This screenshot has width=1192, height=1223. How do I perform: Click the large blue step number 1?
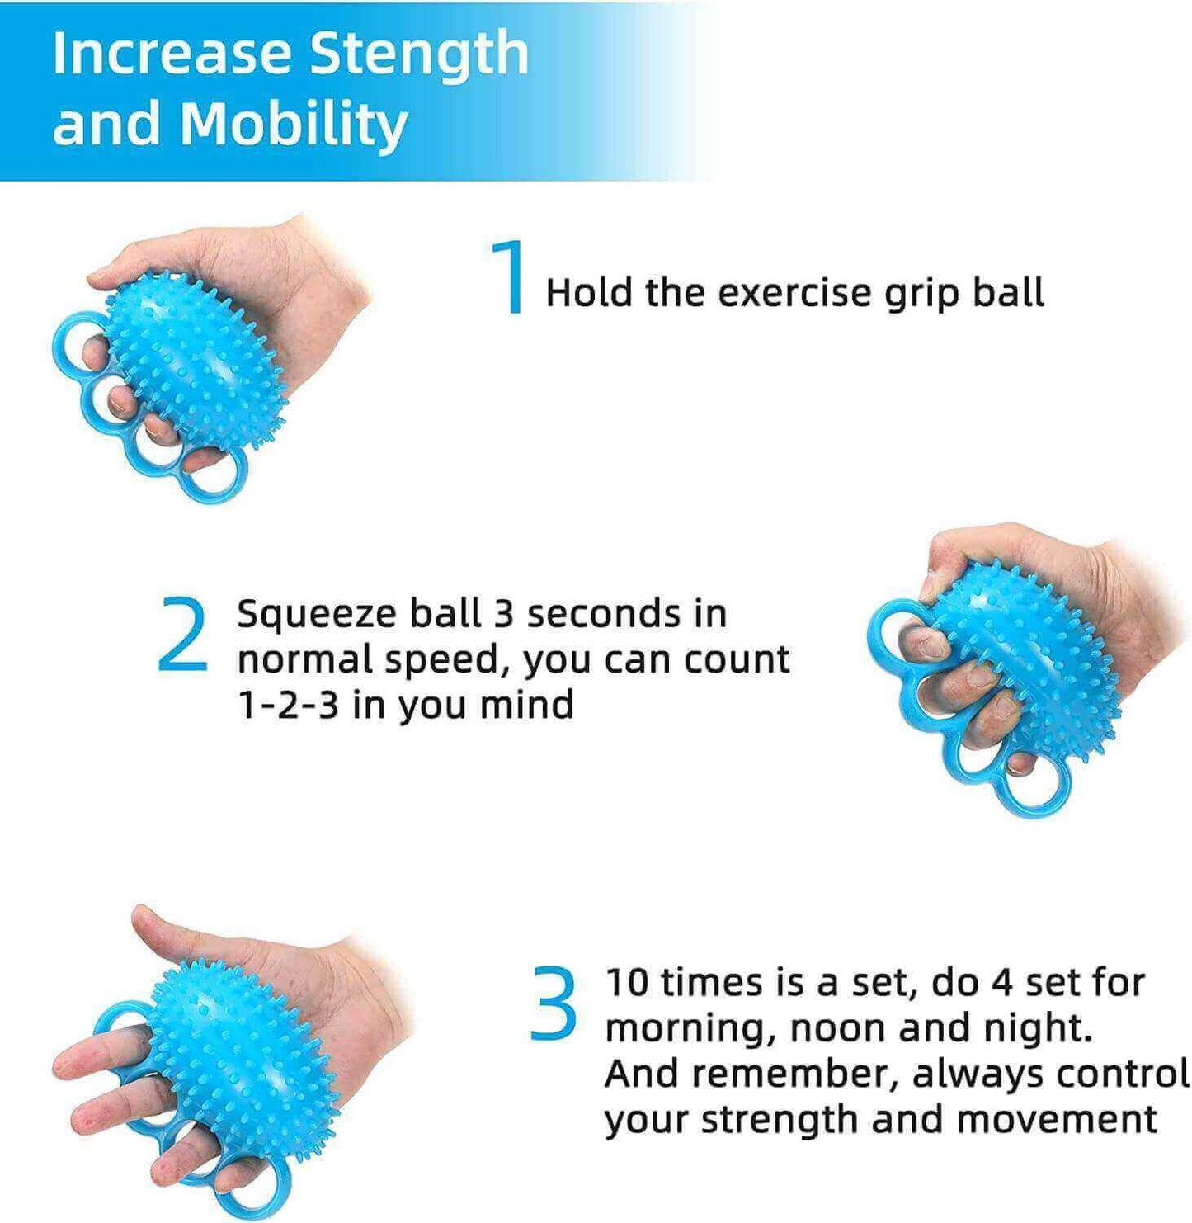(x=511, y=276)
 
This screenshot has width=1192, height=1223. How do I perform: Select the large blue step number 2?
(x=181, y=634)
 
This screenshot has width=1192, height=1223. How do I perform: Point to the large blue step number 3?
(x=554, y=1003)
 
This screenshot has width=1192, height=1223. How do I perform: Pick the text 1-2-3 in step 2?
(x=289, y=705)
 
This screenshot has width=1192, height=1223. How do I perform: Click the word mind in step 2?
(x=526, y=704)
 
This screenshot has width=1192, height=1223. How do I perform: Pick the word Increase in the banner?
(x=172, y=53)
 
